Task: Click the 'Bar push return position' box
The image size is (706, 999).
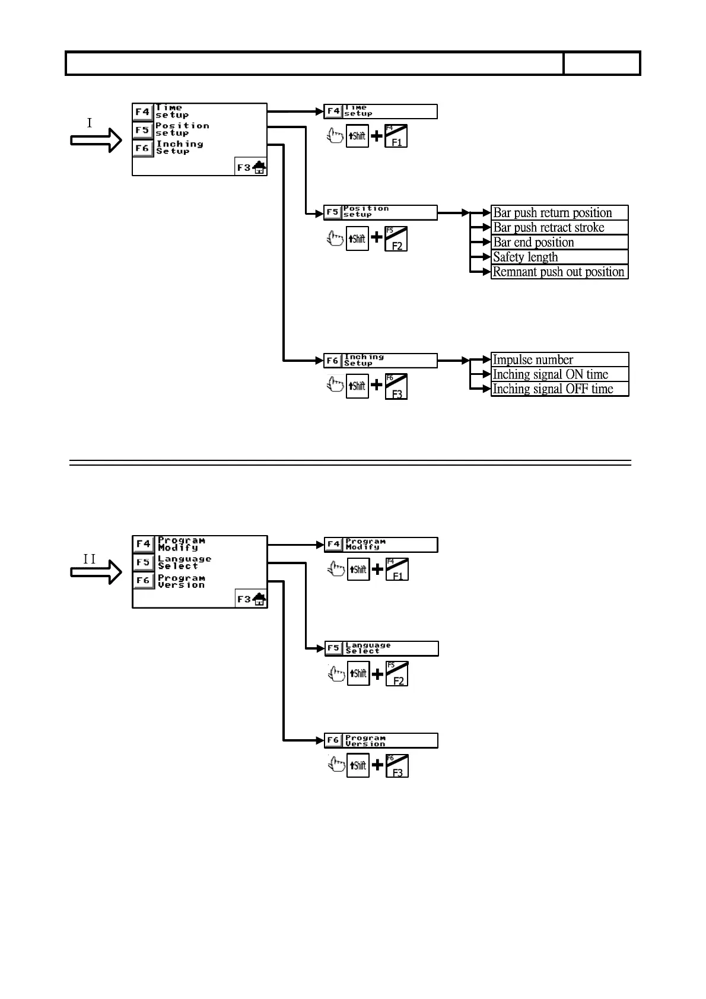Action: (x=559, y=213)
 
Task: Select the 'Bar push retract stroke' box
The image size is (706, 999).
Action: (x=559, y=228)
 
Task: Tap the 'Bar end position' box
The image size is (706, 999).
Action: (x=559, y=243)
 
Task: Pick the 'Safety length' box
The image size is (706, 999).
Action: (x=559, y=257)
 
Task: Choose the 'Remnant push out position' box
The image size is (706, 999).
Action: (x=559, y=272)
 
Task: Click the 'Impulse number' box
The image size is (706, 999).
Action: (x=559, y=359)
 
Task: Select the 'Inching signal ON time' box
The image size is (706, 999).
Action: (x=559, y=374)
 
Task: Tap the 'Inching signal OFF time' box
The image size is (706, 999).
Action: (x=559, y=389)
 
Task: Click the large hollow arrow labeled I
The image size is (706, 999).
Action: (x=96, y=141)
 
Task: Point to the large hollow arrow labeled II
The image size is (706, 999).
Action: (x=96, y=572)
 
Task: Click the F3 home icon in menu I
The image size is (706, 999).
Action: (x=251, y=168)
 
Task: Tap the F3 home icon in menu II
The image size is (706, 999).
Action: (x=252, y=599)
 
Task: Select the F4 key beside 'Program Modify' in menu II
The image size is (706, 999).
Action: (x=143, y=544)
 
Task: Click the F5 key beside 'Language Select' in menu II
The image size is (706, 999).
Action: (x=143, y=562)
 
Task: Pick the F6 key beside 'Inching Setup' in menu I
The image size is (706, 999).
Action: (x=142, y=148)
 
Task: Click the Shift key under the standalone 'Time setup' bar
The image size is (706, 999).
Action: (x=357, y=136)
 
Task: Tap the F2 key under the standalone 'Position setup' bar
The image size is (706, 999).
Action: (x=396, y=238)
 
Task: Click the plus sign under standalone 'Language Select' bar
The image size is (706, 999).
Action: (x=377, y=673)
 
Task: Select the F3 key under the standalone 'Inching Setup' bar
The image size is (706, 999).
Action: (x=396, y=387)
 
